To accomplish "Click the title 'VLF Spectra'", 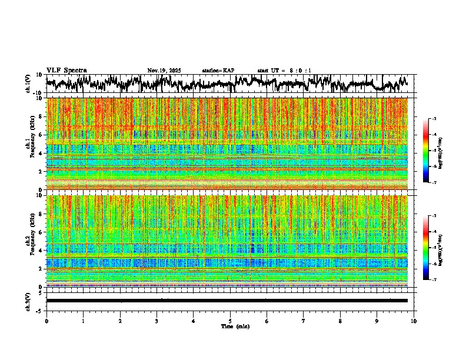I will pyautogui.click(x=66, y=71).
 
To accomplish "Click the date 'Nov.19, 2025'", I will pyautogui.click(x=164, y=71).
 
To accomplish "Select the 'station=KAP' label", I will pyautogui.click(x=218, y=71).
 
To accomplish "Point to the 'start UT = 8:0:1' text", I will pyautogui.click(x=284, y=71).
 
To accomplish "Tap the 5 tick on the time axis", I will pyautogui.click(x=230, y=321).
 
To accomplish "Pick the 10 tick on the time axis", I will pyautogui.click(x=414, y=321).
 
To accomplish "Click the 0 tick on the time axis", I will pyautogui.click(x=46, y=321).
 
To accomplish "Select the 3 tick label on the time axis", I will pyautogui.click(x=157, y=321).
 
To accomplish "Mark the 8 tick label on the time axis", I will pyautogui.click(x=341, y=321).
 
